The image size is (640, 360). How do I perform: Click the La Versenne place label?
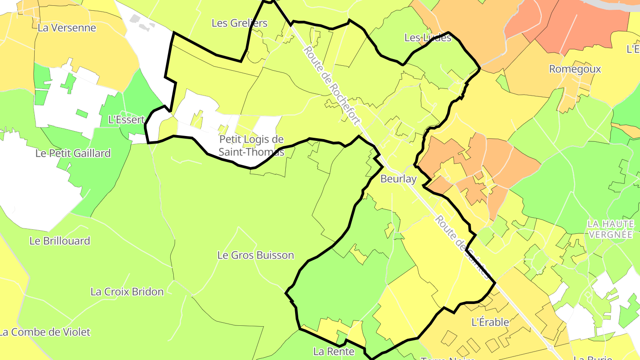[67, 28]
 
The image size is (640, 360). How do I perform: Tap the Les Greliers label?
[240, 23]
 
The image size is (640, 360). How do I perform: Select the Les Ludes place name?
[428, 38]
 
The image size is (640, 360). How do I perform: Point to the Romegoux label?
[575, 69]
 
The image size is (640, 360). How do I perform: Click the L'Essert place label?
[127, 120]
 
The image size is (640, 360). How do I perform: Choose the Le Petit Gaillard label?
[73, 153]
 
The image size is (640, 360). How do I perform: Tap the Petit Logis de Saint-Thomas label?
[251, 145]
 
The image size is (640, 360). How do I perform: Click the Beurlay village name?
[399, 179]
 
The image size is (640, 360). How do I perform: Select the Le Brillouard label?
[60, 241]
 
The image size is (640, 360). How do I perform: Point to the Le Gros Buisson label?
[256, 255]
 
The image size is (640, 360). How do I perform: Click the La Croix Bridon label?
[127, 292]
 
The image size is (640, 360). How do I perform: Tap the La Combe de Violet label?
[45, 332]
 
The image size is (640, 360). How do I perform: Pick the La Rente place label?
[334, 352]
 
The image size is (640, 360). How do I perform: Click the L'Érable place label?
[490, 322]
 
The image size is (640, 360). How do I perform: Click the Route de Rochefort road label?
[331, 84]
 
